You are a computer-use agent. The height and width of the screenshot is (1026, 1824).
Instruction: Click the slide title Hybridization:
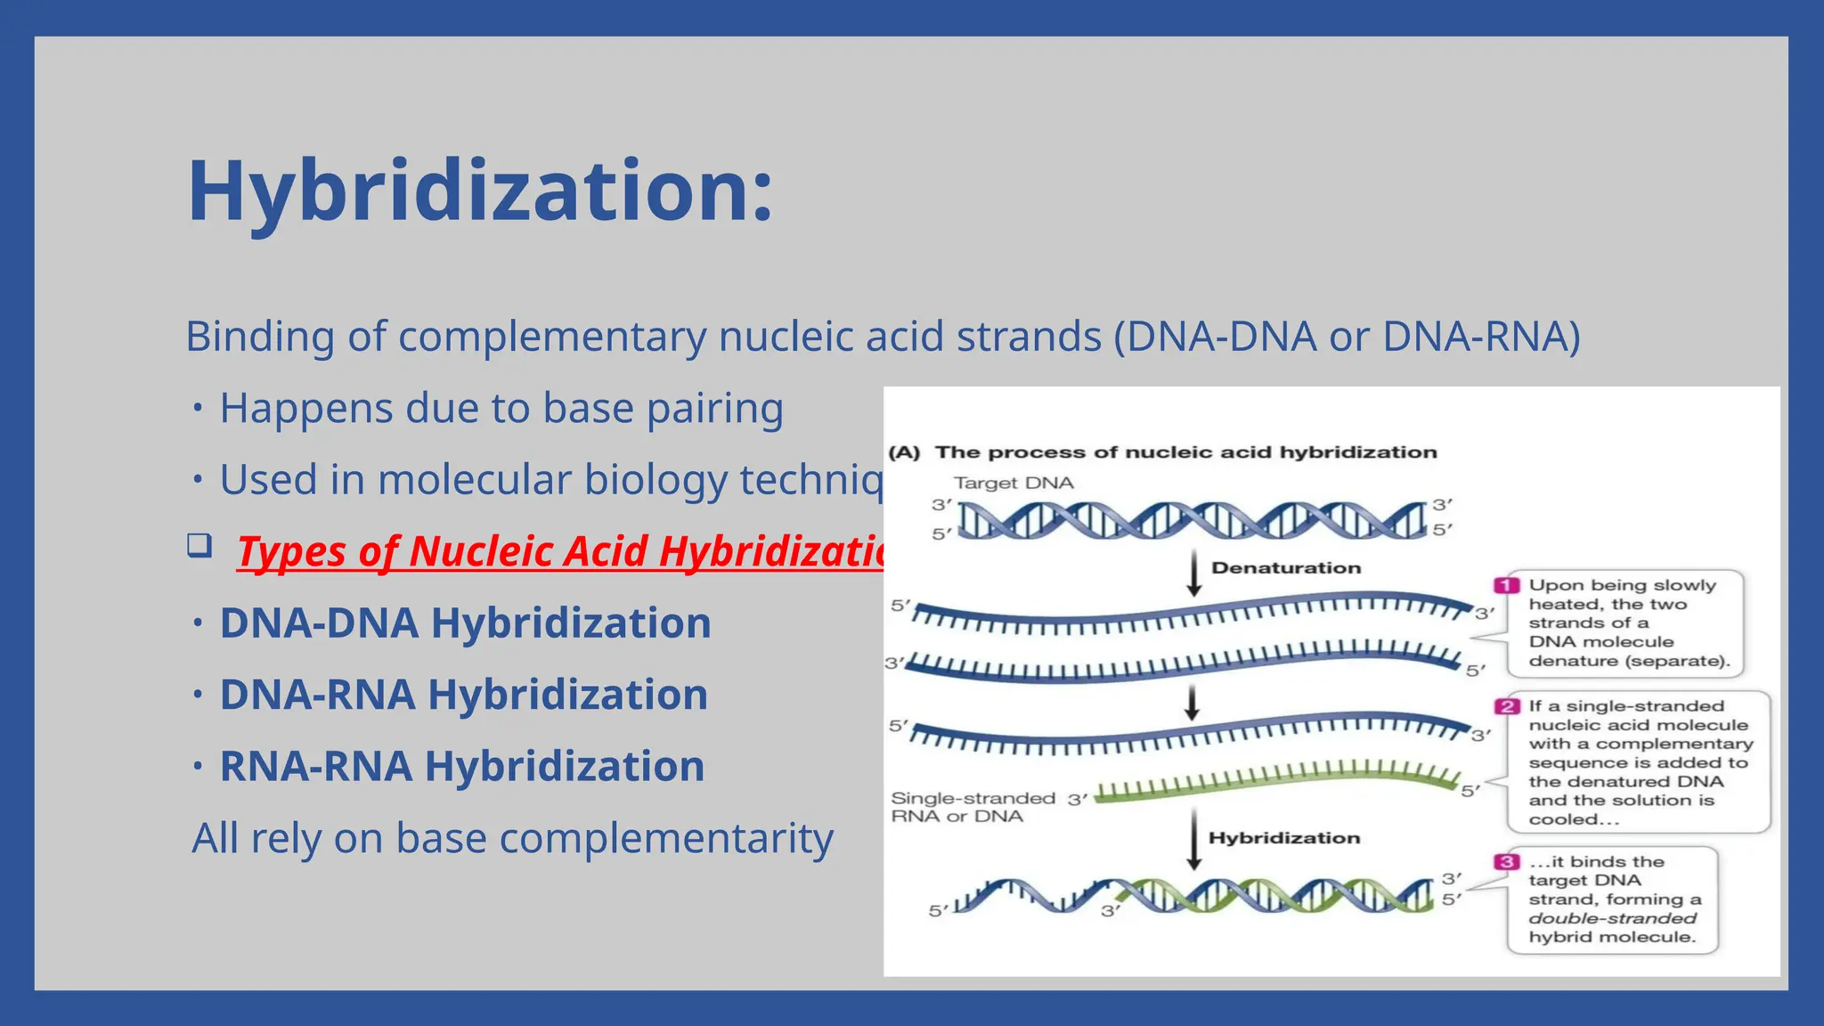point(480,191)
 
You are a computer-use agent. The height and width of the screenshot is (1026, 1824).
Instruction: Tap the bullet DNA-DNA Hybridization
point(465,623)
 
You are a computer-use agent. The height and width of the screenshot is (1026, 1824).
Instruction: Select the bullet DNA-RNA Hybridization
point(463,695)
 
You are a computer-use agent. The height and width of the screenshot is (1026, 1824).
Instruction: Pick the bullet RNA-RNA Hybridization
point(461,766)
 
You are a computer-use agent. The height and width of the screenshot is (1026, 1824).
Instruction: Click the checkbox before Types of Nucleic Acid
point(199,544)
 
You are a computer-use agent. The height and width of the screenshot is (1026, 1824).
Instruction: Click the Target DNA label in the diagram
point(1014,483)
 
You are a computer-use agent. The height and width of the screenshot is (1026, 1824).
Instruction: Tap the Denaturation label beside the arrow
point(1286,568)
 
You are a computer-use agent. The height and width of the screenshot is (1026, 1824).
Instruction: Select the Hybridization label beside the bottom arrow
point(1283,838)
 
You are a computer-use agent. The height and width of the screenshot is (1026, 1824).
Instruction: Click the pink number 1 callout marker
point(1506,585)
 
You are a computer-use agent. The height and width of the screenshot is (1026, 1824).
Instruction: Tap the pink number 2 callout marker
point(1506,706)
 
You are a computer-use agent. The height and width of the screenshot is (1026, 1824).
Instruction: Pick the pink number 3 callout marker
point(1506,861)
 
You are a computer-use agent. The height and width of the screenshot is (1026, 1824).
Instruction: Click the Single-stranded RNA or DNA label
point(973,807)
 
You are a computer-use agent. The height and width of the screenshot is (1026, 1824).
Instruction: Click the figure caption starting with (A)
point(1162,452)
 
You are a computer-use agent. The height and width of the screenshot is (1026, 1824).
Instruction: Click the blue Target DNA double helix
point(1193,520)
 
